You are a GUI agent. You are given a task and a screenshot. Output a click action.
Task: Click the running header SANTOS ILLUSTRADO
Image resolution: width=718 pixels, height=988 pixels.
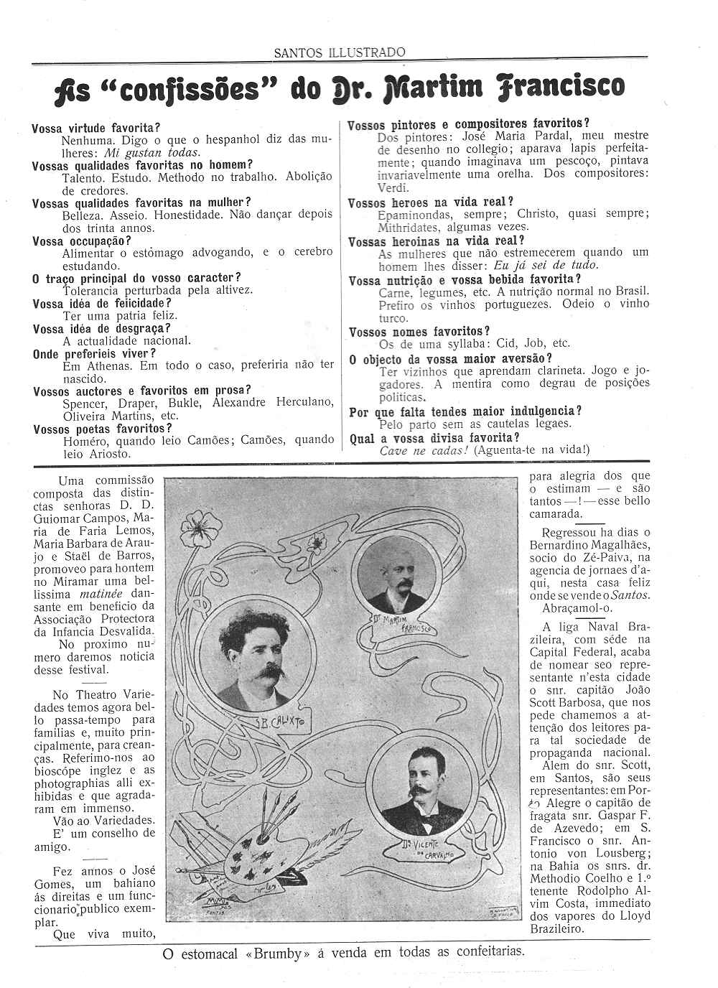click(340, 52)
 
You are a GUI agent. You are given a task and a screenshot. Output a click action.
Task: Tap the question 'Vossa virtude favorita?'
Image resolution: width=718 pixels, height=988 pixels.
click(95, 129)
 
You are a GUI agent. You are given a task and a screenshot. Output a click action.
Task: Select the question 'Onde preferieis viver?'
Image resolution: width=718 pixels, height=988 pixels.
click(94, 354)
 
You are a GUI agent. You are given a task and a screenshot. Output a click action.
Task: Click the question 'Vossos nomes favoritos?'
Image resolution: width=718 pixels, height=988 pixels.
click(419, 332)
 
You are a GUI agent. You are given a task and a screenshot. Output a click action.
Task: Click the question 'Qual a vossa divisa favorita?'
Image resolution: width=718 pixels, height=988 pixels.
click(434, 437)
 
